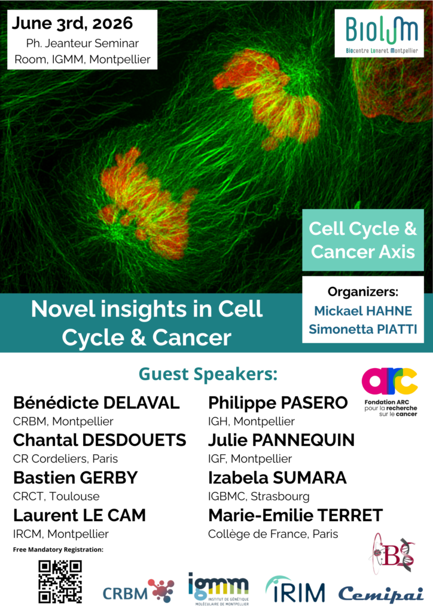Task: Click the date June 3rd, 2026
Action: click(x=72, y=23)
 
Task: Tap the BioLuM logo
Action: click(x=379, y=33)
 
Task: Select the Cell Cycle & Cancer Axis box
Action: click(x=362, y=240)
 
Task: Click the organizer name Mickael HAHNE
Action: click(x=363, y=311)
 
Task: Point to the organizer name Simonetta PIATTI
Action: click(x=362, y=329)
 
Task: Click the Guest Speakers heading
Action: click(x=208, y=374)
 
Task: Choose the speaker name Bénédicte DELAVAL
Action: click(x=96, y=403)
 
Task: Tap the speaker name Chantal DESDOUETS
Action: click(x=99, y=440)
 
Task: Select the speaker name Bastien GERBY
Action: click(x=75, y=478)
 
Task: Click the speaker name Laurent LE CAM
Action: click(x=80, y=515)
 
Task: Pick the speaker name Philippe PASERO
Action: click(x=278, y=403)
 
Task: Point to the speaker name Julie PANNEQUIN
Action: click(x=281, y=440)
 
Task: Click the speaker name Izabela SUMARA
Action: click(x=278, y=478)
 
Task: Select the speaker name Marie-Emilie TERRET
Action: click(x=295, y=515)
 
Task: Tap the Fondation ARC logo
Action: click(x=390, y=392)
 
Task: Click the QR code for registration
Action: click(x=60, y=582)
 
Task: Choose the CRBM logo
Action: click(x=139, y=592)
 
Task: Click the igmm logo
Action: click(x=219, y=589)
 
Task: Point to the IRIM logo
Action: click(x=295, y=589)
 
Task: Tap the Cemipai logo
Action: click(x=381, y=594)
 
